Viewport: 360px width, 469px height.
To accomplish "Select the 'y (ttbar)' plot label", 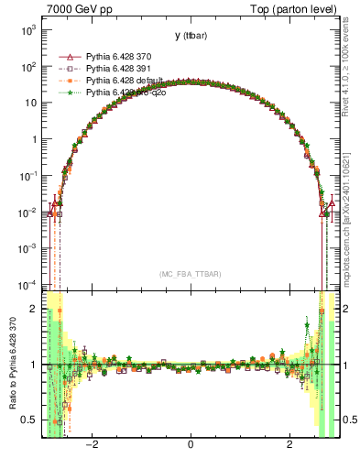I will [190, 36].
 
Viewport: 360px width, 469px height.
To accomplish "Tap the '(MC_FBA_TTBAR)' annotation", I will [190, 274].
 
